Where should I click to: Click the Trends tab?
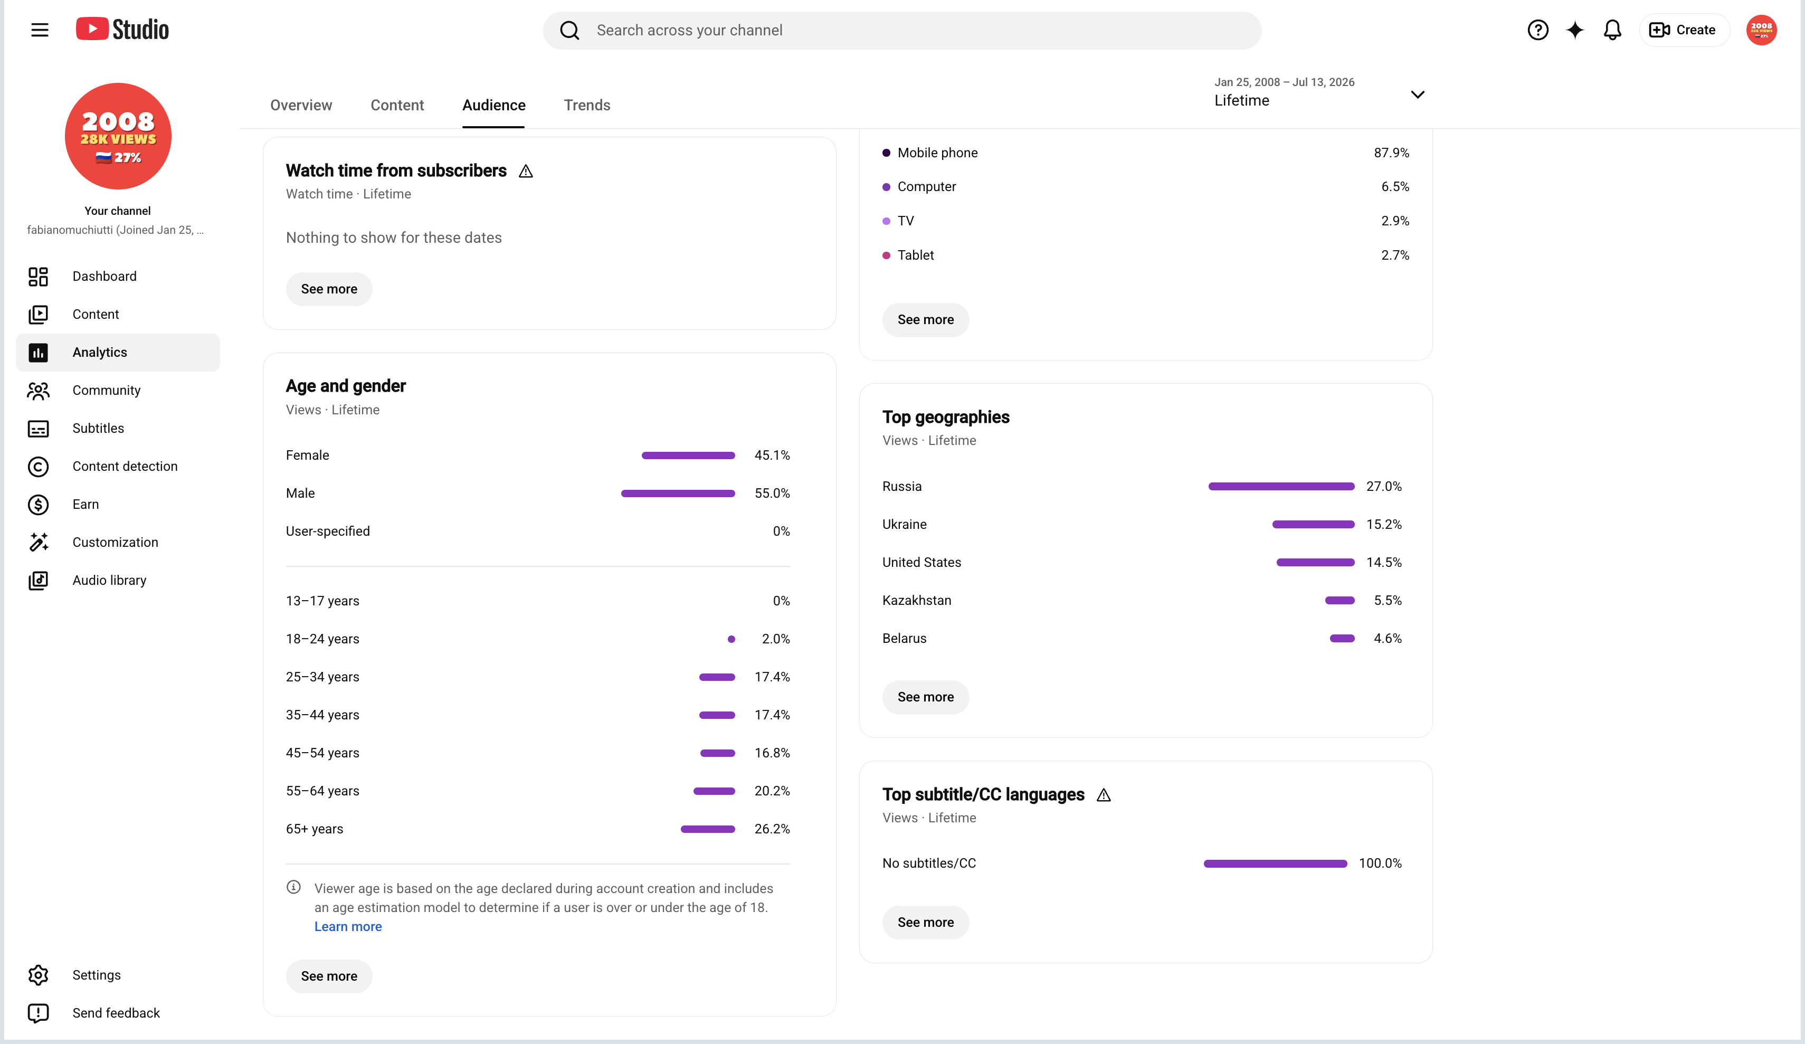[587, 106]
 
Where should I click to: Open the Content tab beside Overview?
[397, 106]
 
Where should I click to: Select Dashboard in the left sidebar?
[104, 277]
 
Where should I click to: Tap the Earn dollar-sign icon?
[38, 505]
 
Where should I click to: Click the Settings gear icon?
[38, 975]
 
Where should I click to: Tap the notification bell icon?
[1612, 30]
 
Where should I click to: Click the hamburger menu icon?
[40, 30]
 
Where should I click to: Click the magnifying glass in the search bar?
[569, 30]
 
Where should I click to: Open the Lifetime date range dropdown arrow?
[1418, 94]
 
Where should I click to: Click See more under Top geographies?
[925, 697]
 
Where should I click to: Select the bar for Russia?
[1281, 487]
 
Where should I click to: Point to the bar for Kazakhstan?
[1340, 601]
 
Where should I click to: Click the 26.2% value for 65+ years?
[772, 829]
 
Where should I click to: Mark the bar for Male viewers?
[678, 493]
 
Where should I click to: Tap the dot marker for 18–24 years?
[731, 639]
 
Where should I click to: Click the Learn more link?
[348, 926]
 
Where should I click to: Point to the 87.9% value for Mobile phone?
[1391, 153]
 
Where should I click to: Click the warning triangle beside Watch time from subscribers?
[526, 171]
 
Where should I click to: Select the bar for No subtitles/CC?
[1276, 863]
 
